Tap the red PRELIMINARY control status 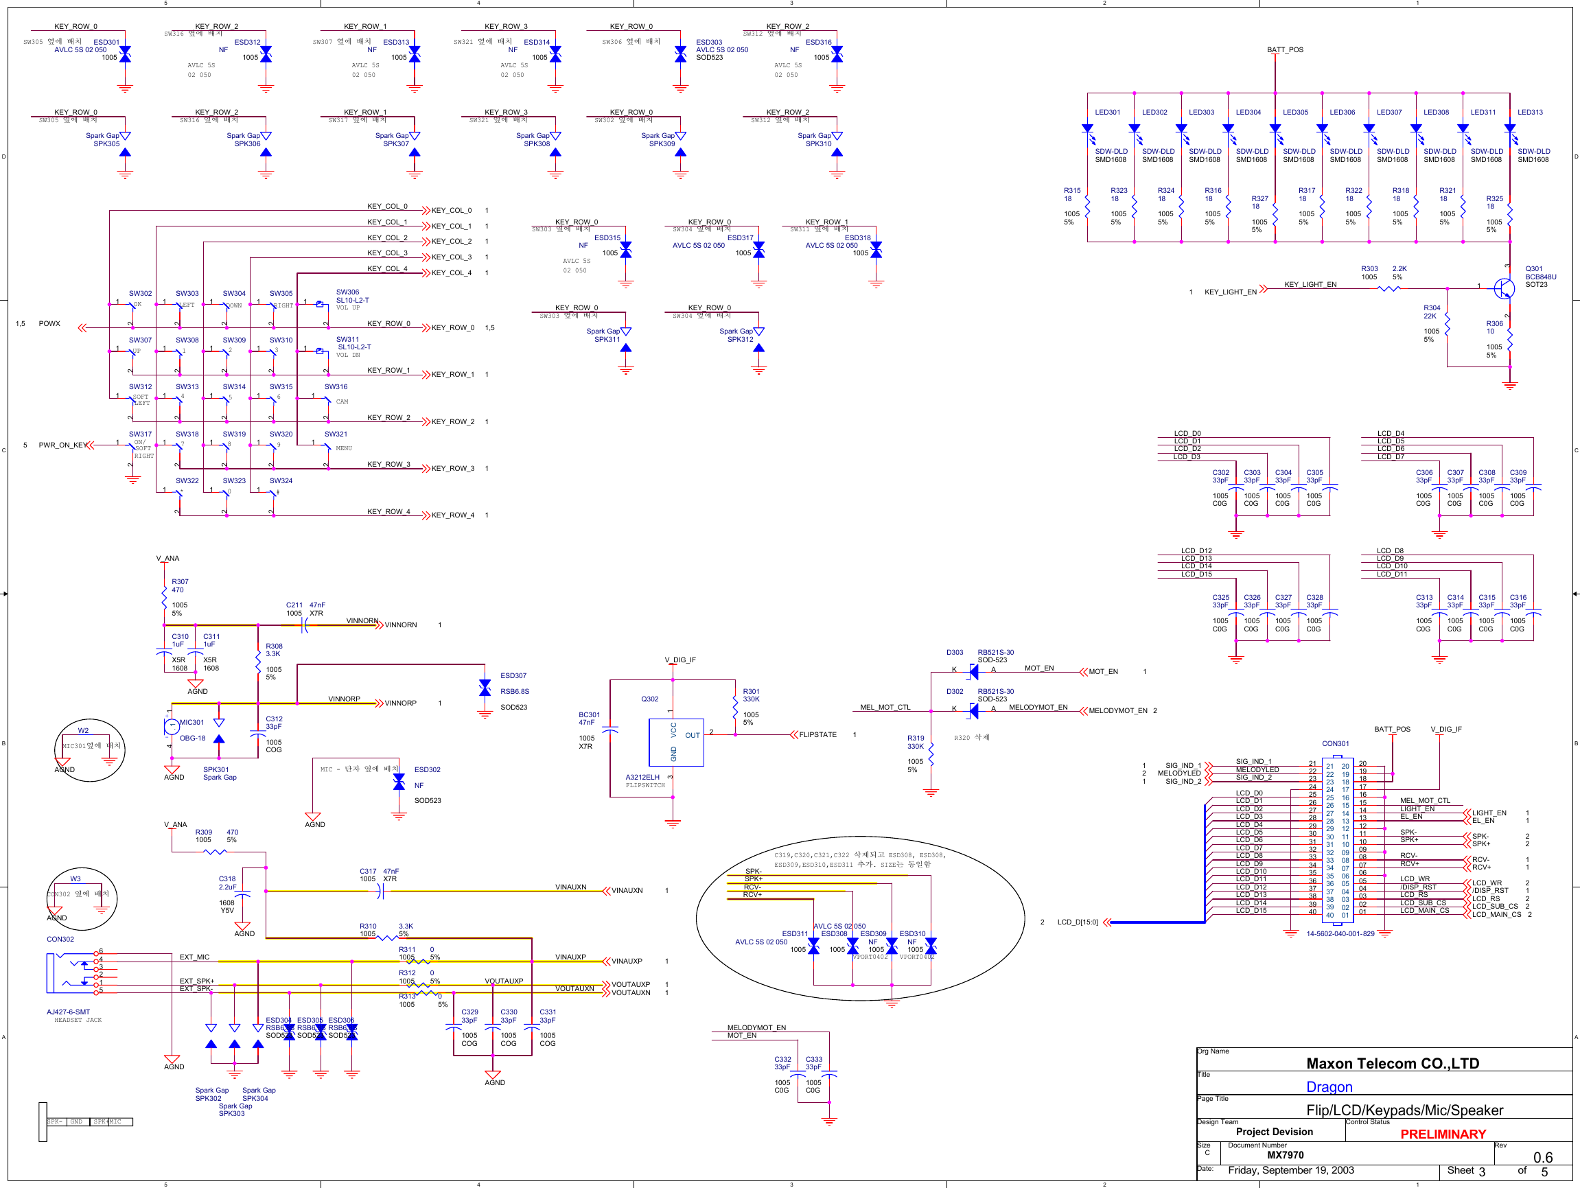pos(1442,1134)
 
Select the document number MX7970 pos(1285,1155)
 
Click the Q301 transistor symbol pos(1504,288)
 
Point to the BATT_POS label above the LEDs pos(1284,50)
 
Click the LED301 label pos(1107,112)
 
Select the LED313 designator pos(1529,112)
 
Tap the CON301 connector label pos(1335,744)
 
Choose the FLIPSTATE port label pos(817,734)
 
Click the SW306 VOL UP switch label pos(348,292)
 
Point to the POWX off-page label pos(49,324)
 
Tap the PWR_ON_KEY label pos(63,445)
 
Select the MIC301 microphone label pos(191,722)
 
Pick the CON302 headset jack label pos(60,940)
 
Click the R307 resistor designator pos(180,581)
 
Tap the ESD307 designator pos(513,676)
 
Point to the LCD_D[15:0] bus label pos(1077,922)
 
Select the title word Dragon pos(1329,1086)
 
